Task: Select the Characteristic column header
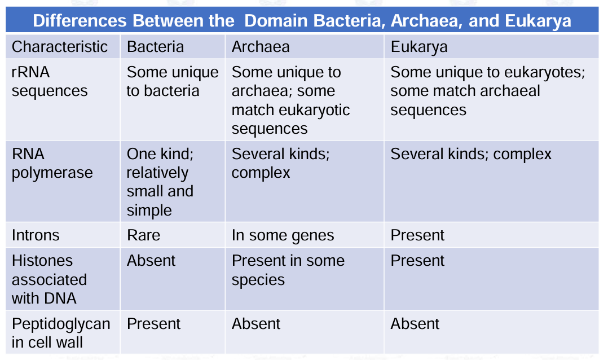(x=59, y=47)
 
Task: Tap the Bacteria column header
(x=155, y=47)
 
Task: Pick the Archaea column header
(x=260, y=47)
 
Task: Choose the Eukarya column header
(x=418, y=47)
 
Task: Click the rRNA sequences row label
(x=50, y=82)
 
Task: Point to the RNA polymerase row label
(x=52, y=164)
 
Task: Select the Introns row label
(x=36, y=235)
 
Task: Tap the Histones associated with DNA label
(x=49, y=279)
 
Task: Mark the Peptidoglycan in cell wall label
(x=60, y=333)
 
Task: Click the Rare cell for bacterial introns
(x=143, y=235)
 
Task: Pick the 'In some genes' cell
(x=283, y=235)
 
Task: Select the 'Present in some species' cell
(x=288, y=270)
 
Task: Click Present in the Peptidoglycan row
(x=153, y=324)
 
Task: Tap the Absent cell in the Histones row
(x=151, y=261)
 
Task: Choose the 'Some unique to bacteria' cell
(x=172, y=82)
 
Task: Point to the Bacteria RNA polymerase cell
(x=160, y=182)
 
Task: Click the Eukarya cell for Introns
(x=417, y=235)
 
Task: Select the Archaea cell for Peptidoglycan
(x=255, y=324)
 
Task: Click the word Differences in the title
(x=80, y=21)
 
